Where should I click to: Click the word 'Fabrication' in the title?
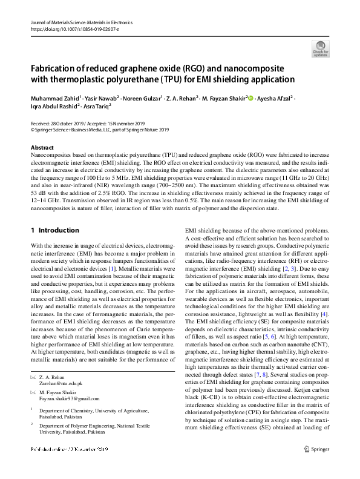(56, 68)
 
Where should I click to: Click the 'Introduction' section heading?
(58, 231)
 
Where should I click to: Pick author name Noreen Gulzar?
(139, 97)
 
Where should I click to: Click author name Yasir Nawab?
(99, 97)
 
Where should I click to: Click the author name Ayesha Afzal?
(273, 97)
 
